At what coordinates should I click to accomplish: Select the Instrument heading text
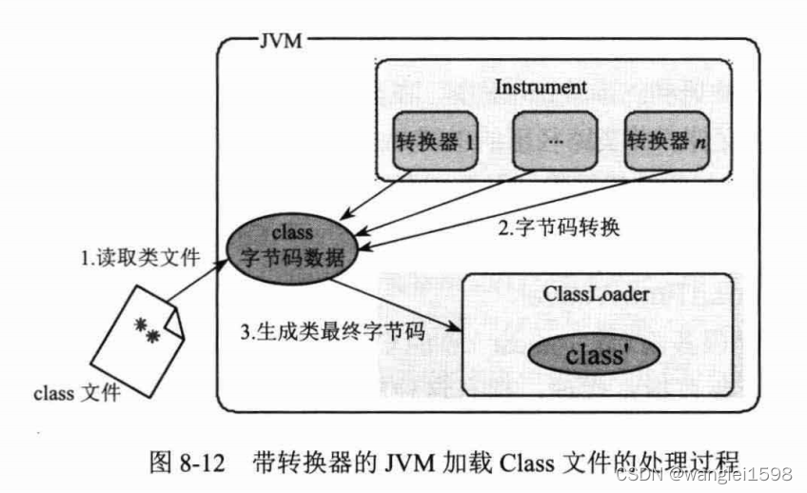pyautogui.click(x=541, y=87)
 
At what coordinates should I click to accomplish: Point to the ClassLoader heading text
pyautogui.click(x=598, y=294)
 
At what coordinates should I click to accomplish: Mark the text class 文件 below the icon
pyautogui.click(x=77, y=392)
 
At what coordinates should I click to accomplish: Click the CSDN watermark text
pyautogui.click(x=704, y=474)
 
